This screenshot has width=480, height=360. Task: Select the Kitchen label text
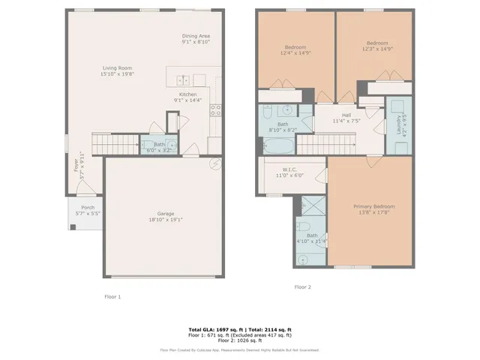[187, 94]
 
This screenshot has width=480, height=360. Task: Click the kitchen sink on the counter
[183, 79]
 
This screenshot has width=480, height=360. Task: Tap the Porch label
[88, 207]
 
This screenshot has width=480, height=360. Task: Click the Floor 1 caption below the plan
[112, 296]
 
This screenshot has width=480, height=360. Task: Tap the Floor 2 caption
[302, 286]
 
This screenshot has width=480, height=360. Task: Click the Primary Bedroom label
[373, 206]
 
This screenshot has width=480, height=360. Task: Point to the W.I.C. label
[292, 169]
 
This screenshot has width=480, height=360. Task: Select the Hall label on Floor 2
[346, 114]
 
